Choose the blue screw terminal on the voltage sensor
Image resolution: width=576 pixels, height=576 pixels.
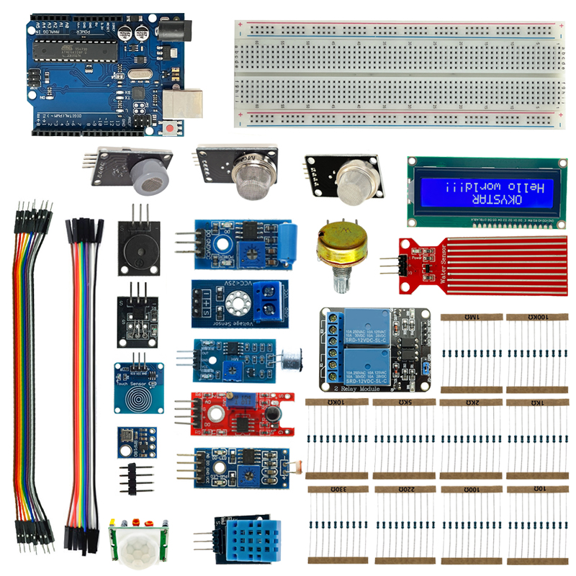(x=269, y=303)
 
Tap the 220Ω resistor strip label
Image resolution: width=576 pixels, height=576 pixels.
(x=405, y=489)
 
